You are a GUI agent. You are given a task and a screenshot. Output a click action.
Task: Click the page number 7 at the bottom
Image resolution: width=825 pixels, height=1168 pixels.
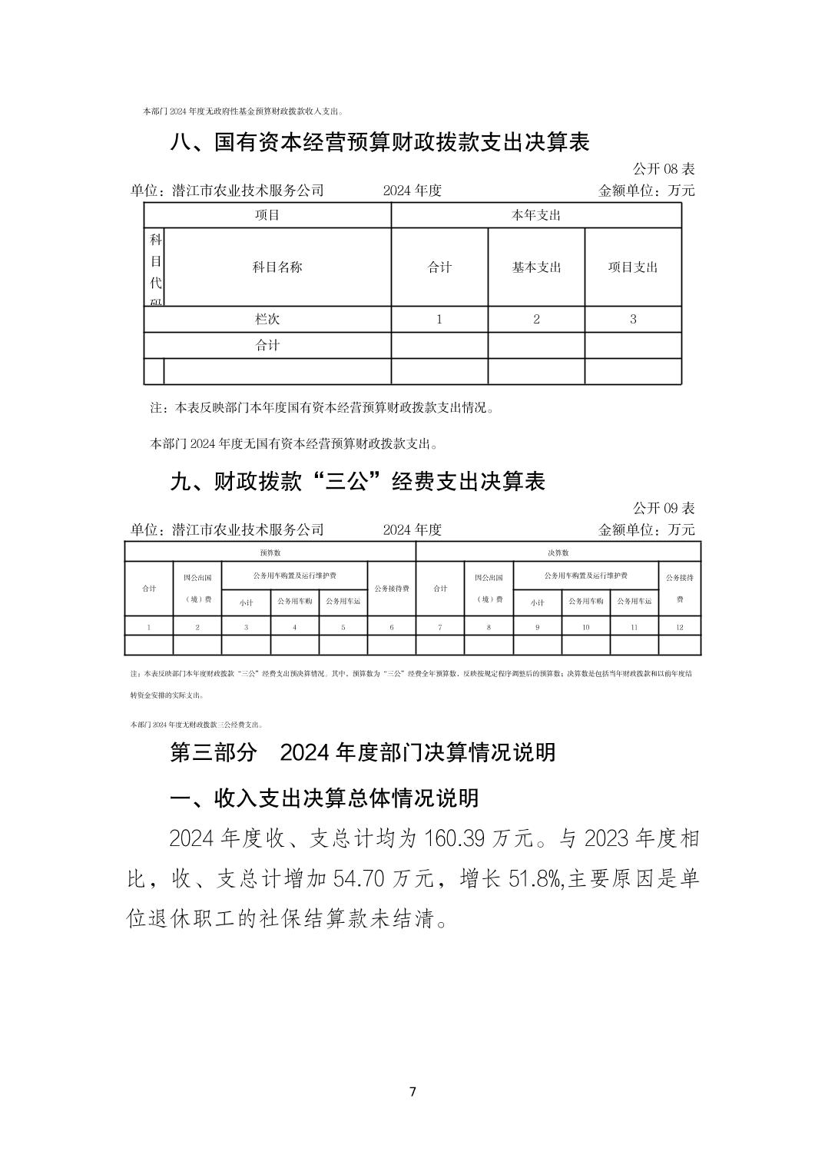pos(412,1092)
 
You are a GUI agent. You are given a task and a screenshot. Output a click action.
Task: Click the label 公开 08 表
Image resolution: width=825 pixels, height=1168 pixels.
pos(663,169)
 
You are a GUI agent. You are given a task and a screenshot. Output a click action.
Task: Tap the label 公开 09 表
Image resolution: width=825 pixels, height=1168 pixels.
pos(663,508)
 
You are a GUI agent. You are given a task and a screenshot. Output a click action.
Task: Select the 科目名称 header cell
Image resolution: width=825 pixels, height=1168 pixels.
pos(277,267)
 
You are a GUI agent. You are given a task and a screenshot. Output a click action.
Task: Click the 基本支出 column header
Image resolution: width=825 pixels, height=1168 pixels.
pos(536,267)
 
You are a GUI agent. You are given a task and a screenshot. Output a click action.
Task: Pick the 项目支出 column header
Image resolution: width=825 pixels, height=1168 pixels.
pos(633,267)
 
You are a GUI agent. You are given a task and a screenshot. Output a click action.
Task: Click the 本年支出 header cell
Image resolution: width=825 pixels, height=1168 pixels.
pos(536,215)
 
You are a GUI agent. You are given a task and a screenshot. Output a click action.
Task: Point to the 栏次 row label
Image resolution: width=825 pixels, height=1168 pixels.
pos(267,319)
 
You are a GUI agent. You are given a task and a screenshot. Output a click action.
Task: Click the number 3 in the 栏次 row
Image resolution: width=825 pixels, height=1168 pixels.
pos(633,319)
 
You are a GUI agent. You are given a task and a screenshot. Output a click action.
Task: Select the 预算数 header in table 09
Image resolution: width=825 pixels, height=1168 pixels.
pos(270,552)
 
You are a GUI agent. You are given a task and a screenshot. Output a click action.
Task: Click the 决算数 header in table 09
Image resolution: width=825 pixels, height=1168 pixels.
pos(558,552)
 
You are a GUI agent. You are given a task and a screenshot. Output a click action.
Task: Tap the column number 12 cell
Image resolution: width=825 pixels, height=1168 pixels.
pos(679,627)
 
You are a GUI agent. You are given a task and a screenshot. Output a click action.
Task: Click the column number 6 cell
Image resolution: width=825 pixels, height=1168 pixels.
pos(391,627)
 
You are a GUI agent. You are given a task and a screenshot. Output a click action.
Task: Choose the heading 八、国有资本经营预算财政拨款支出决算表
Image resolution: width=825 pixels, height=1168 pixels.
pos(379,143)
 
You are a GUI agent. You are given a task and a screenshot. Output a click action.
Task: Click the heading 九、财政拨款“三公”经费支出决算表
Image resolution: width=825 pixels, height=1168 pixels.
pos(357,482)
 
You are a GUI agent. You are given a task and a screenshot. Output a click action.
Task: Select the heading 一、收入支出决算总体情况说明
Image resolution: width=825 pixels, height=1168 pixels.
pos(323,798)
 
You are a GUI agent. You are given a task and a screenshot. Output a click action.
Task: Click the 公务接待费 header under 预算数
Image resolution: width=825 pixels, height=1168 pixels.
pos(391,589)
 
